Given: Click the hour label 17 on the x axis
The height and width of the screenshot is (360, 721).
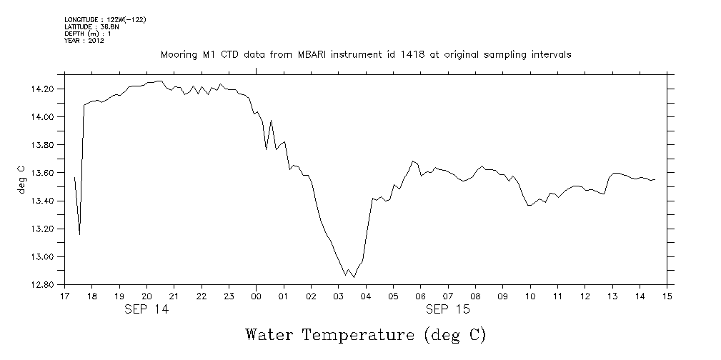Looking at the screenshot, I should click(64, 296).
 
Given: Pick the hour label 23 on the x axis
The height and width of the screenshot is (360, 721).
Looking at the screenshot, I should click(229, 296).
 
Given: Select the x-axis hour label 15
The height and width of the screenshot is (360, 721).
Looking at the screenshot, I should click(667, 296).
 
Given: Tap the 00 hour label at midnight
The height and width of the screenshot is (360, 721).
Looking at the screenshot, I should click(257, 296).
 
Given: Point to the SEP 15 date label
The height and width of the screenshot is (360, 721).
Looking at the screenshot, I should click(447, 309).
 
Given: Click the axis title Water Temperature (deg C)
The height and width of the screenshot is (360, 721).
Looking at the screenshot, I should click(365, 335).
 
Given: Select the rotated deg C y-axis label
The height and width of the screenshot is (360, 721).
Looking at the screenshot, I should click(21, 180).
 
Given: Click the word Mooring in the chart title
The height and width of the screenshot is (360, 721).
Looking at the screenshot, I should click(179, 54).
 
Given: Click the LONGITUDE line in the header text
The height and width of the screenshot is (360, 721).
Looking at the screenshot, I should click(105, 19).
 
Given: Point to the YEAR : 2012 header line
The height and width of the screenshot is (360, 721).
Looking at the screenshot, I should click(84, 41).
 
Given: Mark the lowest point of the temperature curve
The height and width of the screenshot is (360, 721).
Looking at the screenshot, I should click(354, 276).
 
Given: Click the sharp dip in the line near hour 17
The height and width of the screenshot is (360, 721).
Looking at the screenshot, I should click(79, 234).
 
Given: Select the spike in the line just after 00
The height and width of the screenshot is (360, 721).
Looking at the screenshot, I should click(272, 121).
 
